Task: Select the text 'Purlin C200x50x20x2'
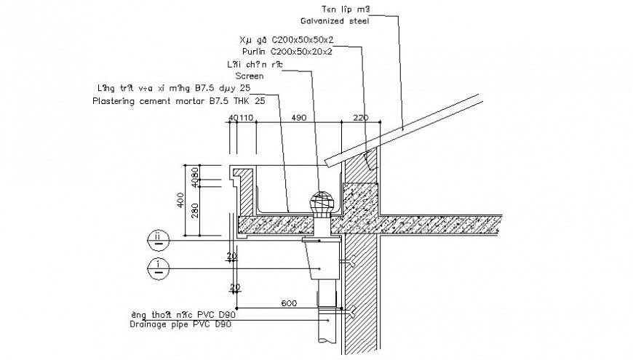(288, 52)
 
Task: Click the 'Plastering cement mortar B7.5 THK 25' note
(179, 102)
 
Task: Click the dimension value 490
(298, 118)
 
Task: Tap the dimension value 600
(290, 303)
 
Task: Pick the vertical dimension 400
(180, 201)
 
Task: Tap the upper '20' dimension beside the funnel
(232, 256)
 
